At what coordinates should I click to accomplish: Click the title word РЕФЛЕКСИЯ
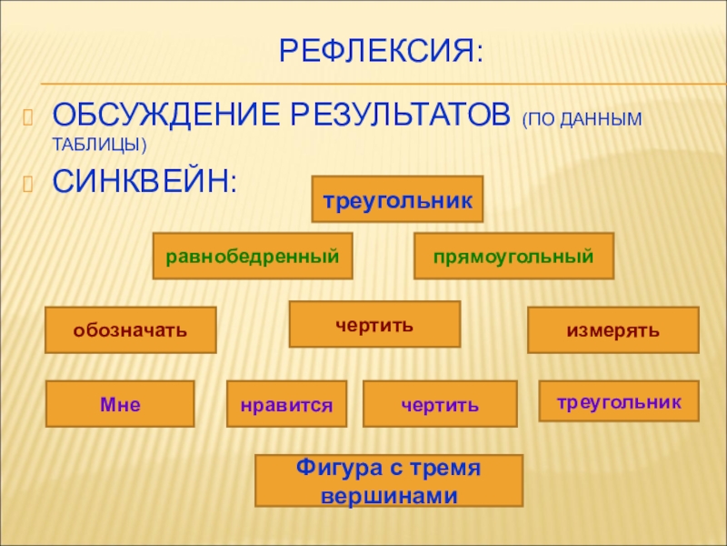(380, 51)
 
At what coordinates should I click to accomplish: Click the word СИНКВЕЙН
(144, 179)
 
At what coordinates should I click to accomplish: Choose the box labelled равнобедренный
(253, 256)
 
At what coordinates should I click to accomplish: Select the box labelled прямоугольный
(513, 256)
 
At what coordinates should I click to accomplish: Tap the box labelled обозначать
(131, 329)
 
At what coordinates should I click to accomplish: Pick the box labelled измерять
(613, 329)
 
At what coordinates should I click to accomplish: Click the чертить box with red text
(374, 324)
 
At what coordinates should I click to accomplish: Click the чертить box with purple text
(440, 404)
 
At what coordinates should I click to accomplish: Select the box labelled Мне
(120, 404)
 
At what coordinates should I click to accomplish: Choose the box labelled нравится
(286, 404)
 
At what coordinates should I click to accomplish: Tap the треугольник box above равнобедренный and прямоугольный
(397, 199)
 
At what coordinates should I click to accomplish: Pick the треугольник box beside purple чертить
(618, 400)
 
